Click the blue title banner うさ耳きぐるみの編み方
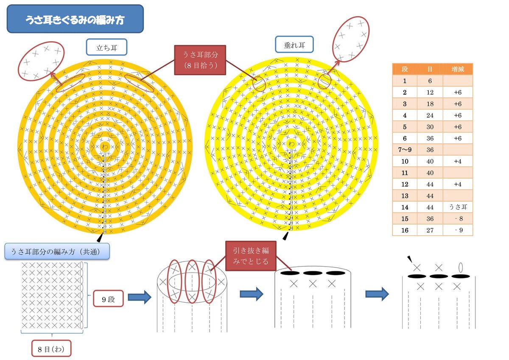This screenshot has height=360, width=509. [x=75, y=19]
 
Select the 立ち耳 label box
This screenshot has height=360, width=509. [x=106, y=47]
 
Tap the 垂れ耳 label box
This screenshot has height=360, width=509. [x=294, y=44]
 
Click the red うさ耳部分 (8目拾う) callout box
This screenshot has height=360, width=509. [x=200, y=60]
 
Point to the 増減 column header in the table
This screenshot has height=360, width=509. [x=458, y=69]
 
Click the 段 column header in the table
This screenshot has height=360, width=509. [x=405, y=69]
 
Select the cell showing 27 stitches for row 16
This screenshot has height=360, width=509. [x=430, y=230]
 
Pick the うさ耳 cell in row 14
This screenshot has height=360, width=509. [x=458, y=207]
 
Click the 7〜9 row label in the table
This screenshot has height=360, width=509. [x=405, y=149]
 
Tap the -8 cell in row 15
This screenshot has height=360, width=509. [x=458, y=219]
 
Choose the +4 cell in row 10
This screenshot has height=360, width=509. [x=458, y=161]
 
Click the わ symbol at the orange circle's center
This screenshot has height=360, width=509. [x=105, y=146]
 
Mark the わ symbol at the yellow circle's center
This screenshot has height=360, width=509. [x=291, y=143]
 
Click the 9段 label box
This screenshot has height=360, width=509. [x=109, y=298]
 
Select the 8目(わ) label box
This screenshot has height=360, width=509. [x=51, y=349]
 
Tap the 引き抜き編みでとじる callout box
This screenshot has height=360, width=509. [x=251, y=256]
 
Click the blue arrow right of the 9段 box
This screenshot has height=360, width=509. [x=140, y=297]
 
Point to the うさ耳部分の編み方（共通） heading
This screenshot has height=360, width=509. [x=57, y=251]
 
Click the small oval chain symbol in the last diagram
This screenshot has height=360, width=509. [x=461, y=267]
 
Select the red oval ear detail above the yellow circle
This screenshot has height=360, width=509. [x=351, y=39]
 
